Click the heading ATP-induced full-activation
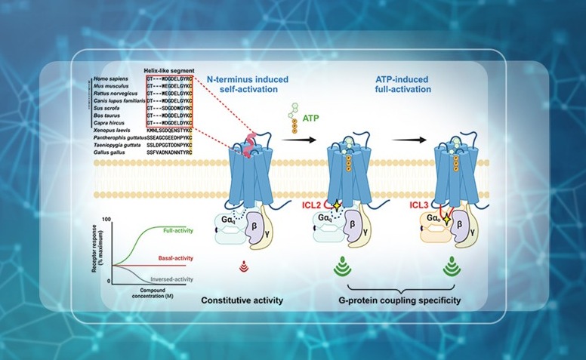pos(403,83)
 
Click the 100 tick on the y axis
pos(107,219)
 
